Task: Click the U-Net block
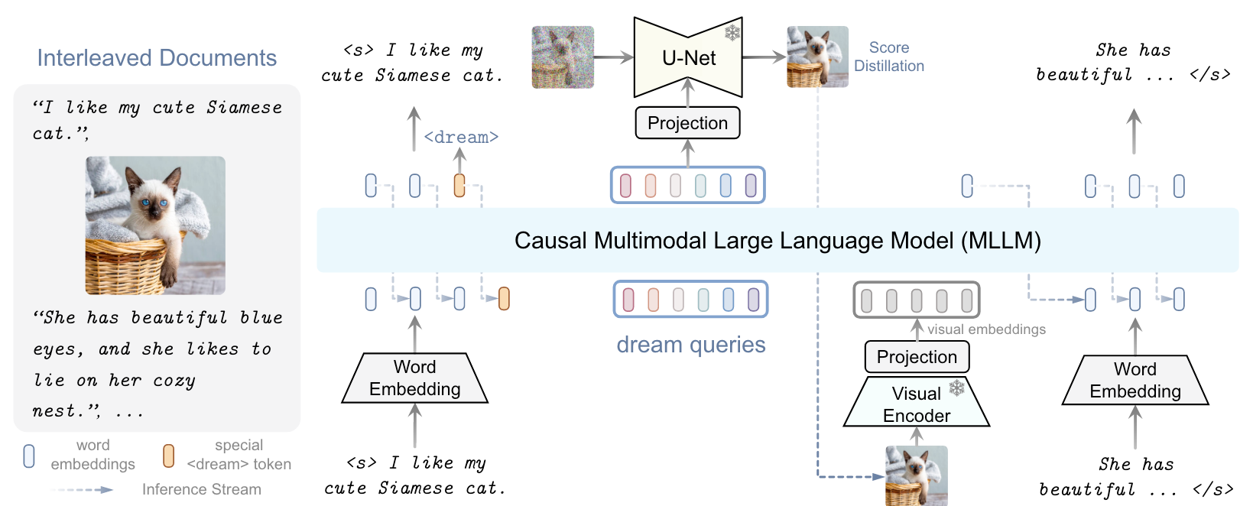[x=688, y=58]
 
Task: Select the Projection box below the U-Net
[x=687, y=123]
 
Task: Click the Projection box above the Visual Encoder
[x=917, y=357]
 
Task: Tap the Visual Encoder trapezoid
[x=916, y=404]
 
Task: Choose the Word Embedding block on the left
[x=414, y=378]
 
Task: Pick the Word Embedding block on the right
[x=1135, y=380]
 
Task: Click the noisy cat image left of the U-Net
[x=563, y=57]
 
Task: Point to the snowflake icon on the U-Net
[x=732, y=32]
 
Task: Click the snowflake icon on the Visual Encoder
[x=956, y=388]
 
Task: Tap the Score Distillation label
[x=888, y=57]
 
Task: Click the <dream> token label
[x=461, y=137]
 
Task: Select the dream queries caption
[x=690, y=345]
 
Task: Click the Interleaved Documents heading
[x=157, y=58]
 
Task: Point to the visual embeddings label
[x=986, y=329]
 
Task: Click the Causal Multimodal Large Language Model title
[x=777, y=241]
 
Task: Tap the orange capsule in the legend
[x=168, y=456]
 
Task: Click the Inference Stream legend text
[x=201, y=489]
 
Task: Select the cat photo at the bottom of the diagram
[x=916, y=475]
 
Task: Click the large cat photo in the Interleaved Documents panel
[x=155, y=225]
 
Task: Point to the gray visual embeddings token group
[x=916, y=300]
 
